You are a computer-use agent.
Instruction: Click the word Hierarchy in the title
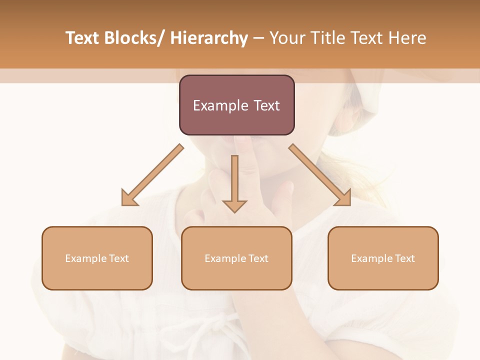pos(209,38)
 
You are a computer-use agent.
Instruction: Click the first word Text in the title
pos(83,38)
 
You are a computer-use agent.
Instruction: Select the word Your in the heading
pos(287,38)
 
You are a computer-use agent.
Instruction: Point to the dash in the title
pos(258,38)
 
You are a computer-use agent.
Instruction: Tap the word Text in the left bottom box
pos(119,258)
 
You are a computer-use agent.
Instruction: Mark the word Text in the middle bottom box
pos(258,258)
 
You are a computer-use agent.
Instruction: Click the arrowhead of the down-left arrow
pos(129,198)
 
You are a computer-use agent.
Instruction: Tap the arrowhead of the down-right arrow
pos(343,198)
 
